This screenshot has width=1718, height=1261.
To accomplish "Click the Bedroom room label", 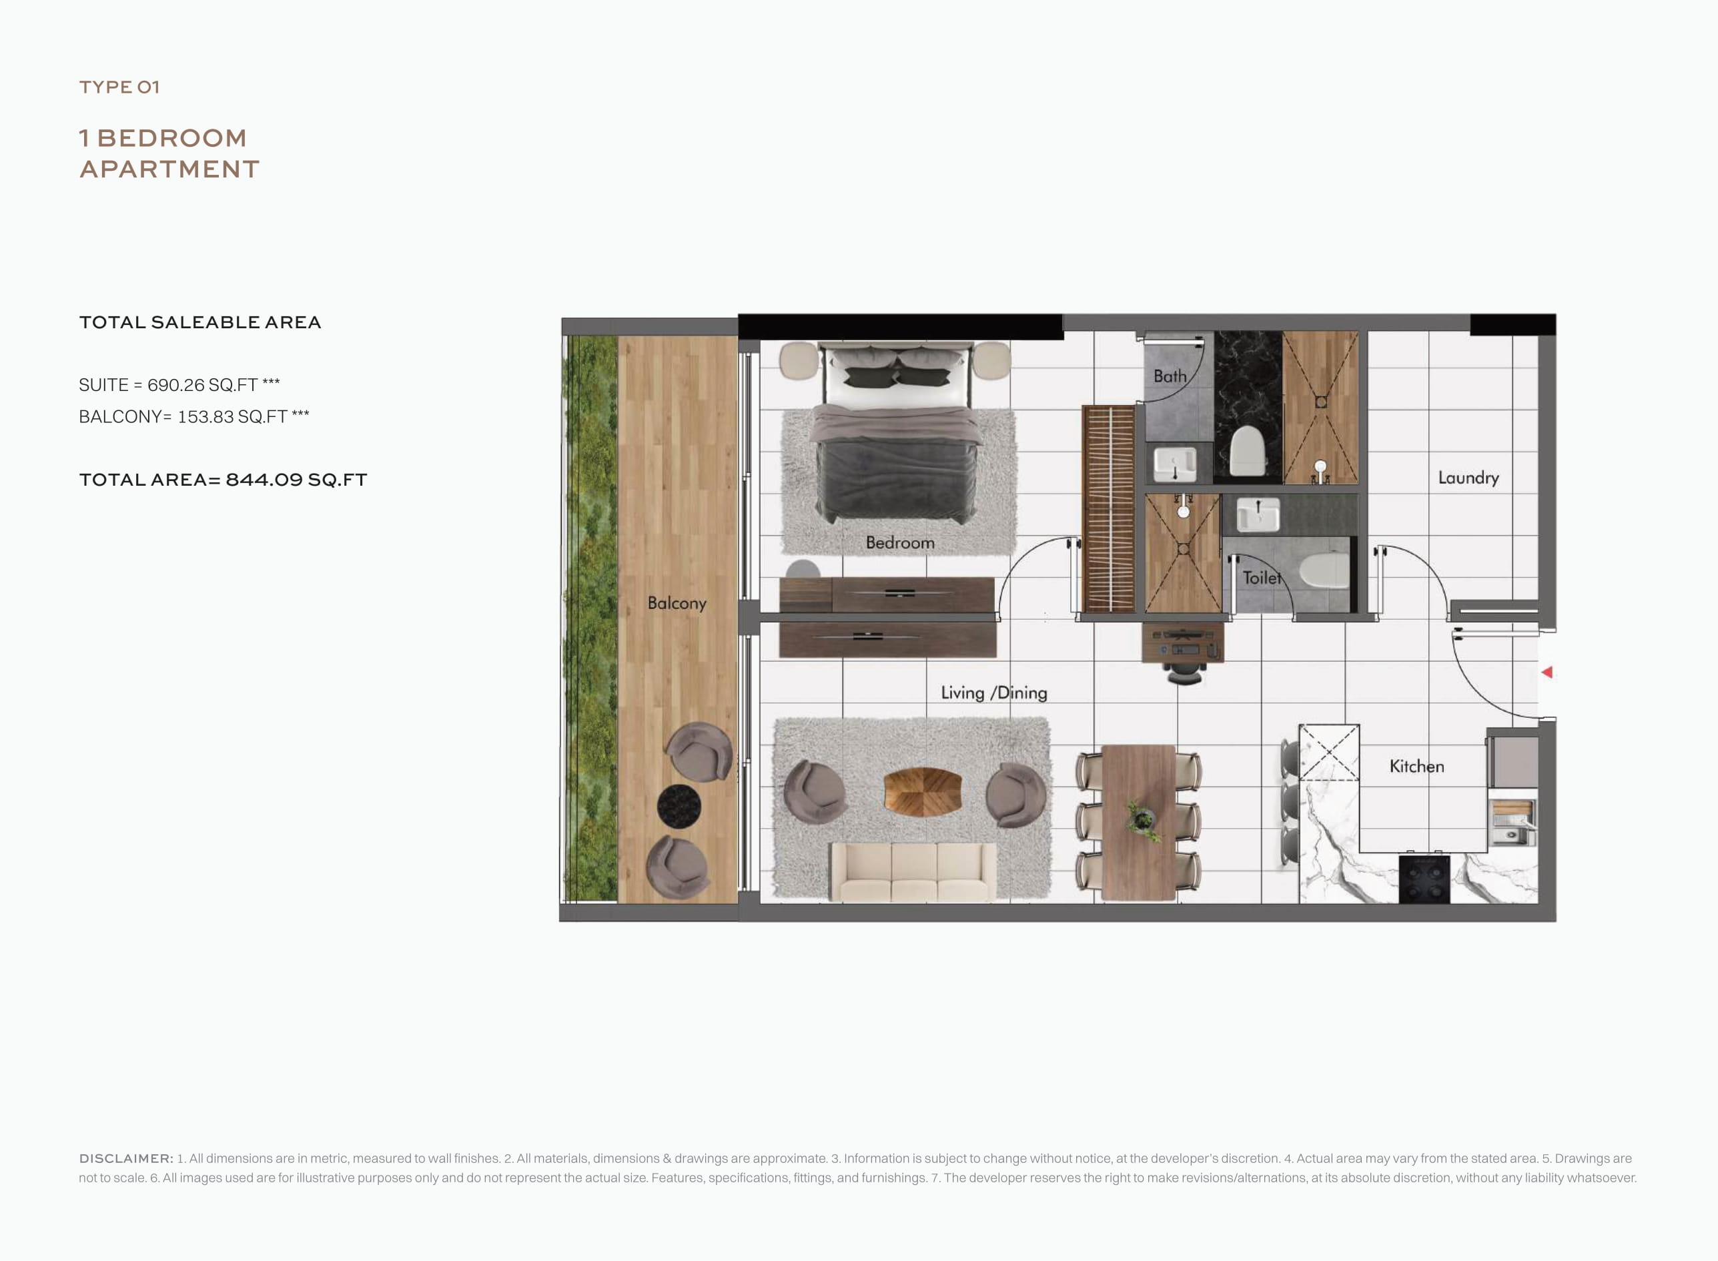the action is coord(900,542).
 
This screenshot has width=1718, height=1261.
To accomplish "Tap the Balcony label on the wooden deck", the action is coord(677,603).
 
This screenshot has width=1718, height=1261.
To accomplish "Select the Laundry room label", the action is coord(1468,478).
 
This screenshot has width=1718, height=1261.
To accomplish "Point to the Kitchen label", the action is coord(1416,767).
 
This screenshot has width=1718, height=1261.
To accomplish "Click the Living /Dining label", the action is coord(993,693).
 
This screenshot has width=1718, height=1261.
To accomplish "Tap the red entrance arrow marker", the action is coord(1547,673).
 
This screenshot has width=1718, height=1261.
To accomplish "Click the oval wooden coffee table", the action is coord(922,791).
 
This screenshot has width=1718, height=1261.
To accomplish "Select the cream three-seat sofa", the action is coord(913,872).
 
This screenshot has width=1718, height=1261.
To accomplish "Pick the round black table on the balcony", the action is coord(679,806).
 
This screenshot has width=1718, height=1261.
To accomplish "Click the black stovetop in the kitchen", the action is coord(1424,879).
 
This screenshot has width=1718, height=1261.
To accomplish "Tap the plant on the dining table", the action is coord(1142,821).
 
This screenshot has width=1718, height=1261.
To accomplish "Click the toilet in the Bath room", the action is coord(1248,451).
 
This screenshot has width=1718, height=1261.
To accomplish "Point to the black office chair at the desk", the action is coord(1183,672).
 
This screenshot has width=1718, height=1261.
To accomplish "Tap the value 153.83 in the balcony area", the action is coord(205,417).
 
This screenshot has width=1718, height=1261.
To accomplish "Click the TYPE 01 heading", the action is coord(119,87).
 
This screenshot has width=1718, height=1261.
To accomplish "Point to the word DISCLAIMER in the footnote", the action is coord(126,1158).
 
